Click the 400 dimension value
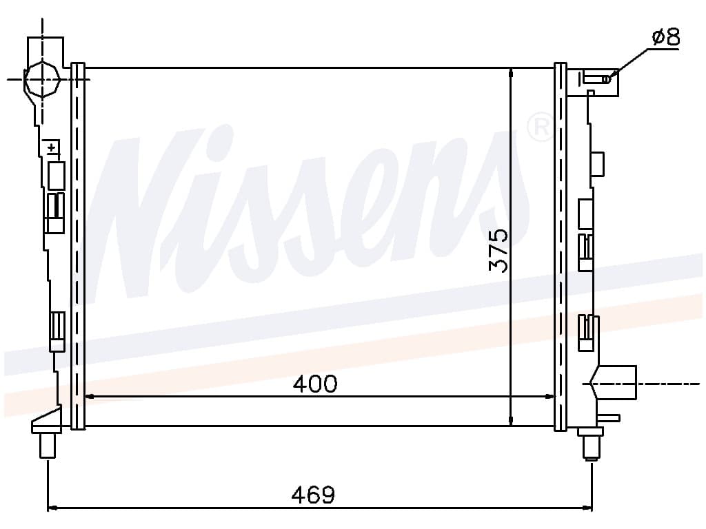314,384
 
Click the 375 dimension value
498,250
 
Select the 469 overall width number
314,495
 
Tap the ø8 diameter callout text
666,37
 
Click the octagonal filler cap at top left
42,79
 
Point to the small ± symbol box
53,147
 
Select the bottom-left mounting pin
48,445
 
